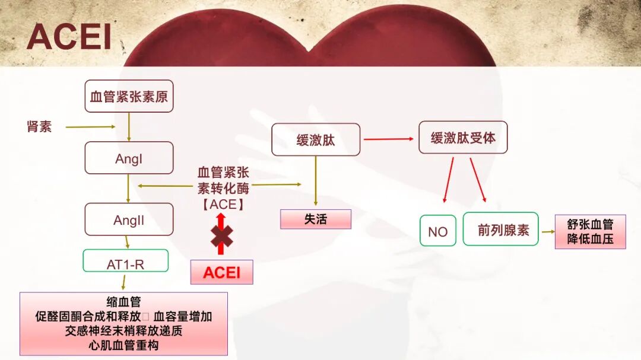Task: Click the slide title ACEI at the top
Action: point(69,37)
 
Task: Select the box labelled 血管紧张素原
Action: point(129,96)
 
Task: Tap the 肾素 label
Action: point(39,126)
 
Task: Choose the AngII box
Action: point(129,220)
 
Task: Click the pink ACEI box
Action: point(221,272)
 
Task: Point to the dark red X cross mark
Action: point(221,236)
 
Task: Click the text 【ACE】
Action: point(223,205)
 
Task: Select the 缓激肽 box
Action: point(316,140)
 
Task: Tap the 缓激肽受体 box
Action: point(463,138)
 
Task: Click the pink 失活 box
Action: point(315,219)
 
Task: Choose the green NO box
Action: point(437,231)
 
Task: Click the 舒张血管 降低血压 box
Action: point(590,232)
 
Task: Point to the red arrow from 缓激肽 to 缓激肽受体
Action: point(388,139)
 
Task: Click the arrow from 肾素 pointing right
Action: point(90,126)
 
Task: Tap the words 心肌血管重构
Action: point(123,345)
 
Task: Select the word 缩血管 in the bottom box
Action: point(123,302)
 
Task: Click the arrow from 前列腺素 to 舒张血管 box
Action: point(547,231)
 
